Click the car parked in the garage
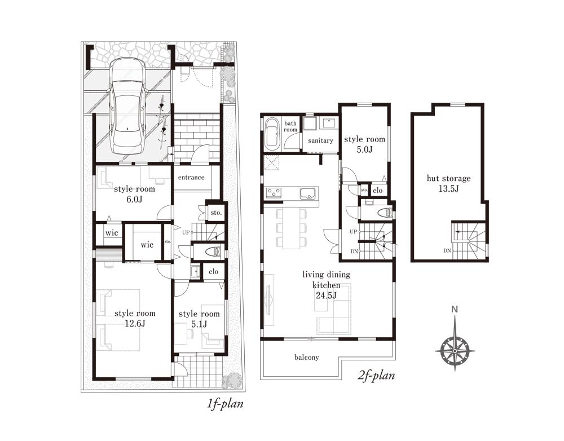coord(128,106)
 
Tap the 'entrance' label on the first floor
coord(191,177)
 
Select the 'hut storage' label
coord(448,178)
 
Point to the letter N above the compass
coord(455,309)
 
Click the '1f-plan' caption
coord(225,404)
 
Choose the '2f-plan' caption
coord(376,376)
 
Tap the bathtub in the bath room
coord(272,134)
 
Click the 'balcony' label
coord(306,357)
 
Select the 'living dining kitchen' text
coord(326,280)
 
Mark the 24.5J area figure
coord(326,296)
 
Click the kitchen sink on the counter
coord(308,193)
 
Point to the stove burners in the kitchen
coord(274,193)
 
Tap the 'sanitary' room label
coord(320,140)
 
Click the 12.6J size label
coord(135,323)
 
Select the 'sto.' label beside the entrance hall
coord(216,213)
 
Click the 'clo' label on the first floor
coord(213,271)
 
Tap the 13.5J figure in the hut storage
coord(448,188)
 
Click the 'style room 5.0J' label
coord(364,144)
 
